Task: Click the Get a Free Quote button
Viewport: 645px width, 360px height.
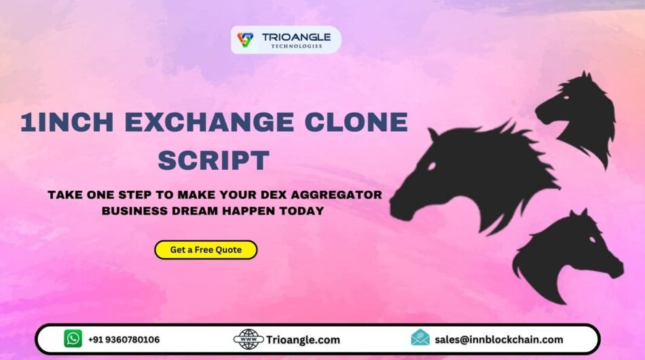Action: (x=206, y=250)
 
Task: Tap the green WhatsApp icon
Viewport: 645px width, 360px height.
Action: (x=73, y=339)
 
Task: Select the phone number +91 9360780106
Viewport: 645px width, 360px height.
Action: (x=124, y=339)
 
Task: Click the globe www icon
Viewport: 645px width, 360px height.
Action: (x=248, y=339)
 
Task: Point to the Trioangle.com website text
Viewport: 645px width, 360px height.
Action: (x=303, y=340)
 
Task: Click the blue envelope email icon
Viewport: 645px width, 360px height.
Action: (x=420, y=338)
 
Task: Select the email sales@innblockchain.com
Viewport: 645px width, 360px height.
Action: (x=499, y=339)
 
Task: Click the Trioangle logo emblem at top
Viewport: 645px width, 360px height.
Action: (x=245, y=40)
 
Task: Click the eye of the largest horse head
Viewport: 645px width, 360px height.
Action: (x=432, y=166)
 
